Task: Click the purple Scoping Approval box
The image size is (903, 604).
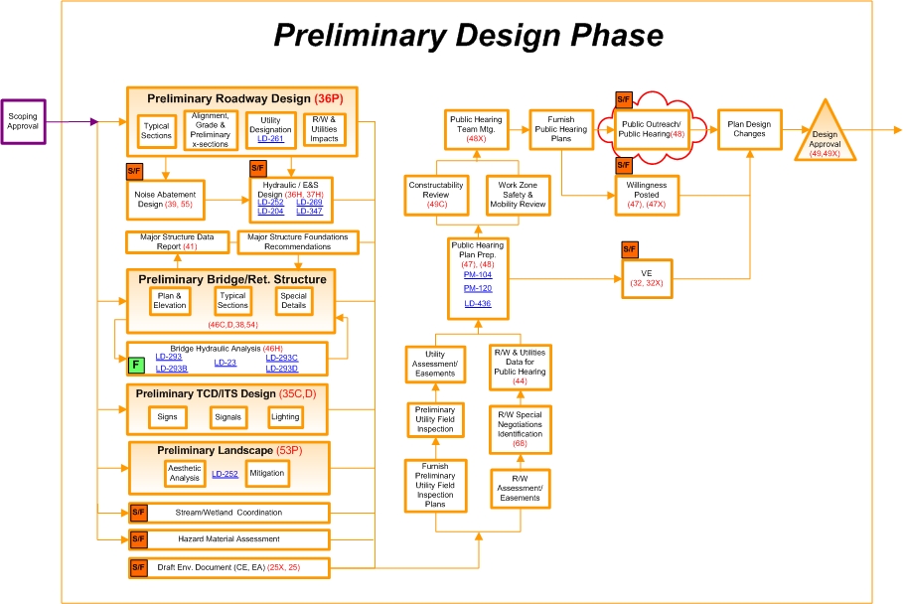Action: click(x=23, y=122)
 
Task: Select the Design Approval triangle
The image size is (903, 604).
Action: click(x=825, y=137)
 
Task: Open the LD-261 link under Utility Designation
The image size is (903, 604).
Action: click(x=269, y=139)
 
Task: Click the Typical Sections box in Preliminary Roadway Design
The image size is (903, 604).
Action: click(x=156, y=129)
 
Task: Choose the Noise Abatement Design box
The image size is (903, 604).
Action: click(x=166, y=198)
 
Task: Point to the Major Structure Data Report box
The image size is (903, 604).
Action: click(x=177, y=240)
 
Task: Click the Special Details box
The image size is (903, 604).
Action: click(x=293, y=301)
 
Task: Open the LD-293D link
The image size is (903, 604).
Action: click(x=281, y=369)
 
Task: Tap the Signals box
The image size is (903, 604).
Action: click(x=227, y=417)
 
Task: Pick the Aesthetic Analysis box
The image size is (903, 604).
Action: click(x=183, y=474)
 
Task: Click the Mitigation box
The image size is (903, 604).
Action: click(x=266, y=474)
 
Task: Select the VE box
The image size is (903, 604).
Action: click(x=645, y=276)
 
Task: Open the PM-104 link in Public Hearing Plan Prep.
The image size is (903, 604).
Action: click(x=478, y=274)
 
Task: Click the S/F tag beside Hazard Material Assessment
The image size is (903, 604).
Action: click(x=138, y=539)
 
